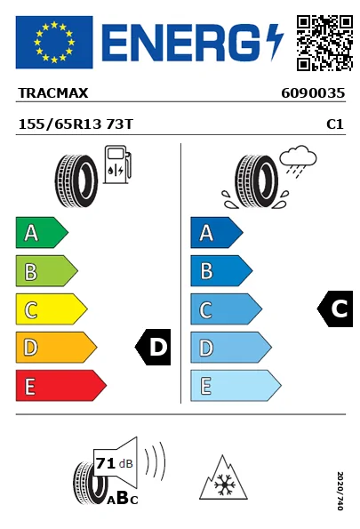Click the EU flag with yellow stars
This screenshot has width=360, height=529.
54,42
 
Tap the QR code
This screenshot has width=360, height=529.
324,43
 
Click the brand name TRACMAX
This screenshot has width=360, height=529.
53,93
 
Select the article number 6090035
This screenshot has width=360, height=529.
313,93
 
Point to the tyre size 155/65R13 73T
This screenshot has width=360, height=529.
76,124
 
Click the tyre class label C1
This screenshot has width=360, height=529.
335,124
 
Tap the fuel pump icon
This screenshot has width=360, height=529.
117,164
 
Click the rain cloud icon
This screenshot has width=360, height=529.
298,159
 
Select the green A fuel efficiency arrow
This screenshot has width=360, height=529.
42,232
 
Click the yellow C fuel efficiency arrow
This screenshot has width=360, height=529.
52,309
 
